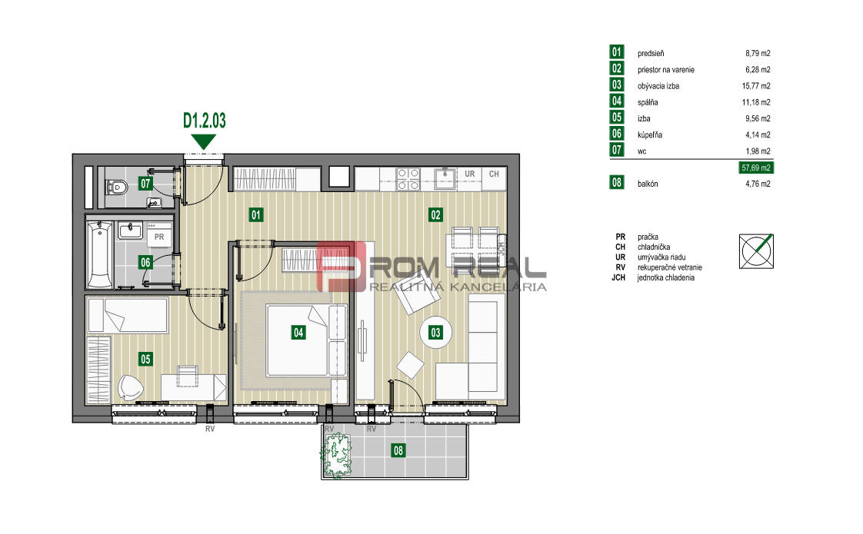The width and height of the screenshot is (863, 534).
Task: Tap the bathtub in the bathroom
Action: [100, 254]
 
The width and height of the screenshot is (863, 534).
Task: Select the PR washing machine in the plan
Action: [159, 235]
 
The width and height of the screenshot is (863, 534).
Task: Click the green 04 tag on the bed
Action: [298, 332]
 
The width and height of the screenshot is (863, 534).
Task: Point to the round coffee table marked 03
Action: [435, 332]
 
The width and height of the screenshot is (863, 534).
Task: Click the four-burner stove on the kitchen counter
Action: [408, 179]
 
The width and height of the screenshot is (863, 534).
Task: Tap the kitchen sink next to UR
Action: [445, 178]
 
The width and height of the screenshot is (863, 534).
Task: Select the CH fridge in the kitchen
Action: [495, 179]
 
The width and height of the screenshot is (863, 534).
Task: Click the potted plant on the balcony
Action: [336, 456]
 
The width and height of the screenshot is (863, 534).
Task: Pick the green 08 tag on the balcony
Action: [398, 451]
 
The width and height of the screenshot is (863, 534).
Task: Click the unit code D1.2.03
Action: [204, 121]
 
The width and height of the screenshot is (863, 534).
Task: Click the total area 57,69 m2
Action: [755, 167]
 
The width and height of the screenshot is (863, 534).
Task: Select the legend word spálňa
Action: [648, 102]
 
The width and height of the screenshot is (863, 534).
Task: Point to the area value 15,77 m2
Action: [756, 86]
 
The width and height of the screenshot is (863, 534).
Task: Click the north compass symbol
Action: [756, 251]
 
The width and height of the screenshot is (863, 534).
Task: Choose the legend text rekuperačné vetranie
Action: [670, 267]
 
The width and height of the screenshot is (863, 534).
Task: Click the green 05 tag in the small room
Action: [145, 359]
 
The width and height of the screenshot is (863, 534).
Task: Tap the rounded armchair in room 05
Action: [131, 388]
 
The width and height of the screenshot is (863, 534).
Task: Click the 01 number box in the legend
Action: [616, 51]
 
